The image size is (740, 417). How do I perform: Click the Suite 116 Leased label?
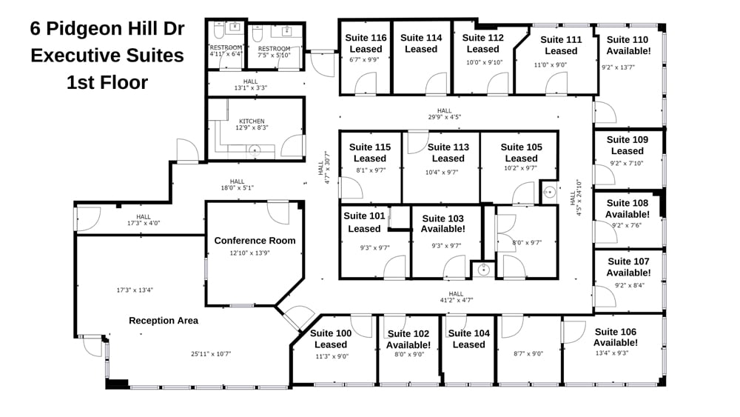click(x=367, y=43)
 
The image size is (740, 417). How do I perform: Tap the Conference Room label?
click(x=255, y=240)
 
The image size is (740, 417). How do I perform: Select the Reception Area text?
click(x=164, y=320)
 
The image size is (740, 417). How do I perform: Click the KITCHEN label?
click(x=252, y=121)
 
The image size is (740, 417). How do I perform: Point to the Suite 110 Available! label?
click(x=628, y=45)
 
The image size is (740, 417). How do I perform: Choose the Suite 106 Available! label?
click(x=616, y=337)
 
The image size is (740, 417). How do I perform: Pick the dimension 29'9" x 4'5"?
click(x=444, y=116)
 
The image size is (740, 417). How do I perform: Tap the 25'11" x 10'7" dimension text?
click(x=211, y=354)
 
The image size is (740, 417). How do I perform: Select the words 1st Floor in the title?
click(x=107, y=82)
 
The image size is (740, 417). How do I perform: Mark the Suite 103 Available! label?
click(x=443, y=223)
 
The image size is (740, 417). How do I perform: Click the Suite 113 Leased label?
click(x=448, y=153)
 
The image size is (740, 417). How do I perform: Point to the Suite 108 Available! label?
click(x=628, y=208)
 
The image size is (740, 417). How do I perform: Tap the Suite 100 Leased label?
click(x=331, y=338)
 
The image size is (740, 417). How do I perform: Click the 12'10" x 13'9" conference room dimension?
click(x=255, y=253)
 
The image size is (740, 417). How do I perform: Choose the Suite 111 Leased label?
click(x=561, y=45)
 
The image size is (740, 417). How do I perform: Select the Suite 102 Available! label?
click(x=408, y=339)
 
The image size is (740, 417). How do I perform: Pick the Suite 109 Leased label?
click(x=628, y=145)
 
